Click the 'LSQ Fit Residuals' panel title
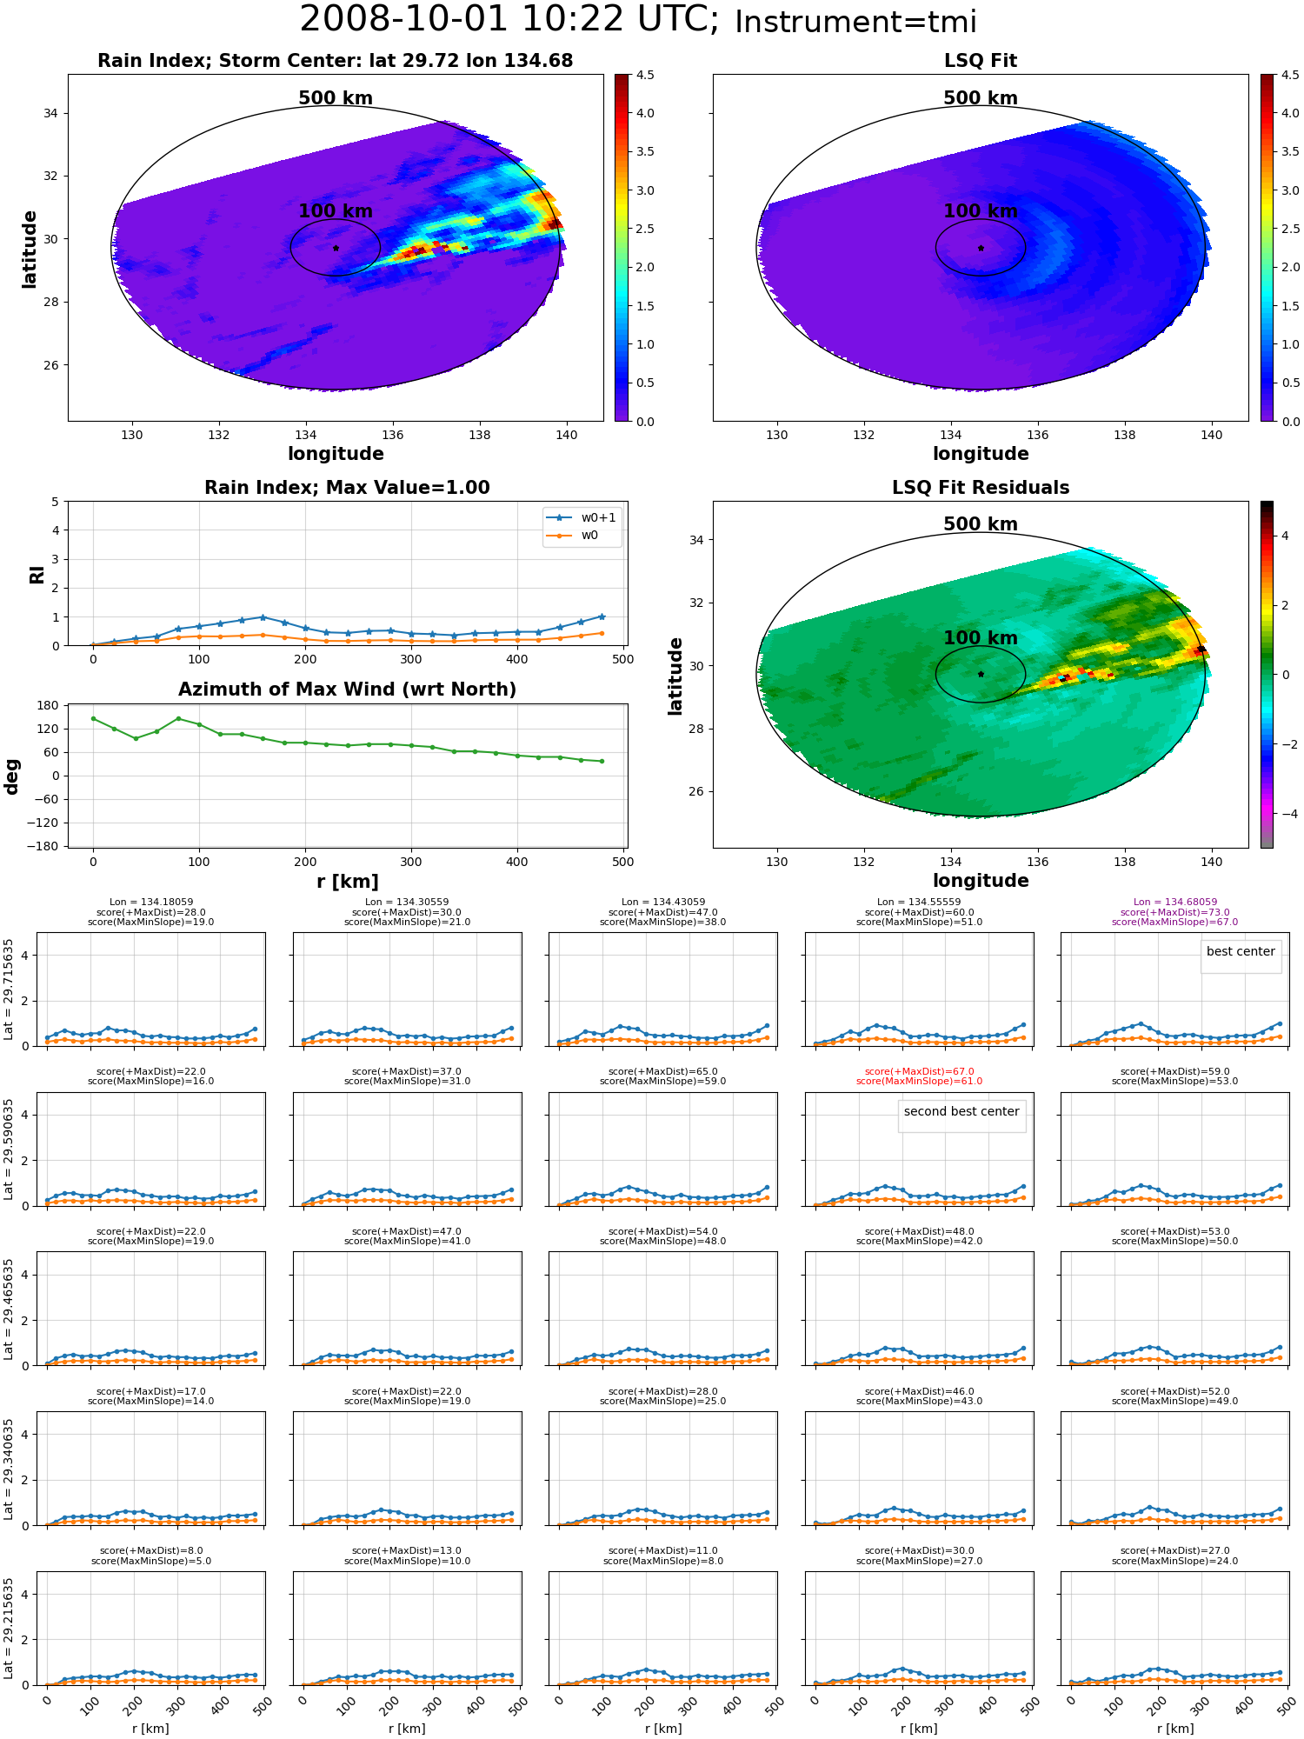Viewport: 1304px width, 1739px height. coord(981,488)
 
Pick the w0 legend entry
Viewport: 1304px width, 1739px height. coord(573,536)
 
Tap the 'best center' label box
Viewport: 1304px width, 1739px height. coord(1241,952)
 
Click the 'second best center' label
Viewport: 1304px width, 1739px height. coord(961,1112)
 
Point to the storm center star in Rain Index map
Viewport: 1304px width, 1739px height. coord(336,248)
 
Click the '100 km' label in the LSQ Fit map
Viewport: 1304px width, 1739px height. coord(981,211)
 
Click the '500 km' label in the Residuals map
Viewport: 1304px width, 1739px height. coord(981,524)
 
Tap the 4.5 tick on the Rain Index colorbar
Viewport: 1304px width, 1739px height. coord(645,75)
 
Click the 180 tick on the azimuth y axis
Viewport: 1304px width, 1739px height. coord(49,705)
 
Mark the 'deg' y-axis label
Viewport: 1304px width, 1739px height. coord(12,776)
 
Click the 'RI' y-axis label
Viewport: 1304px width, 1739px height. coord(37,574)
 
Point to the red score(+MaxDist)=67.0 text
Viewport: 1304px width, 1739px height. coord(919,1071)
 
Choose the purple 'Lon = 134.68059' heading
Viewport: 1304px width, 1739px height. coord(1174,903)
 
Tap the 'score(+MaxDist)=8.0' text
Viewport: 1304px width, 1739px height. coord(151,1550)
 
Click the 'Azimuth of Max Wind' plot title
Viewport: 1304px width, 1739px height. coord(347,690)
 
